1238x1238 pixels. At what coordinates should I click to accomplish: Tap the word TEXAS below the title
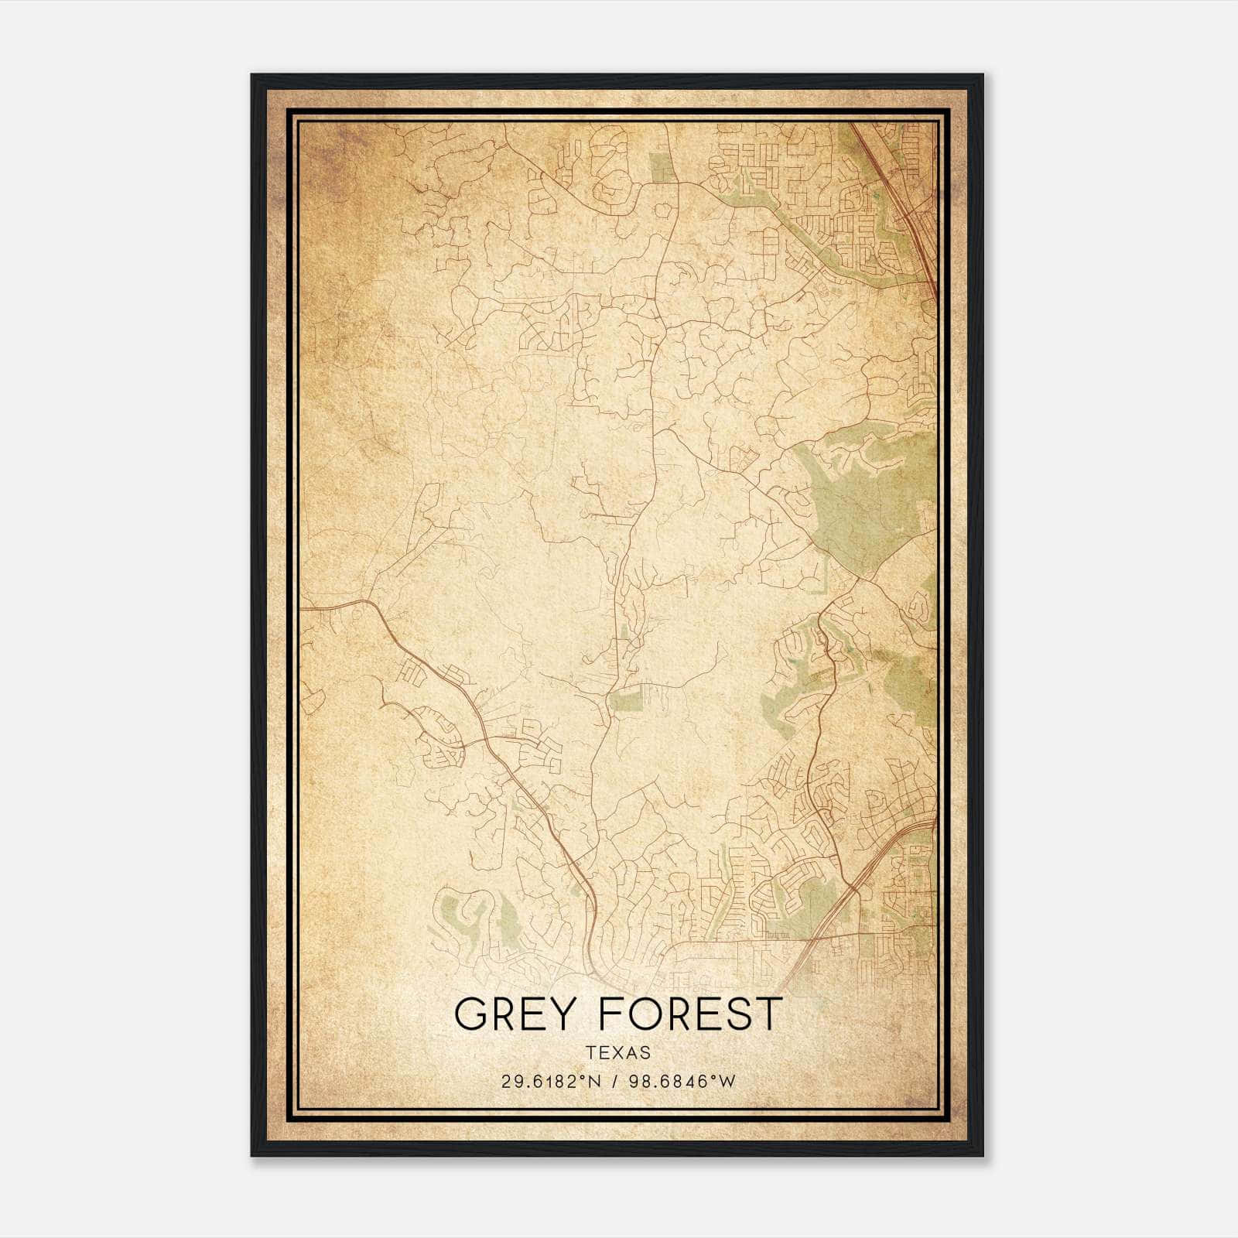point(618,1052)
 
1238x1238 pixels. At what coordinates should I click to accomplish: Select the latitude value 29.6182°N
point(550,1082)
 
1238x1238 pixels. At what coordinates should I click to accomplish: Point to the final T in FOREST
point(769,1014)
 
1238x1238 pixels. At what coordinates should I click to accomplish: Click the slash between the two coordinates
point(615,1082)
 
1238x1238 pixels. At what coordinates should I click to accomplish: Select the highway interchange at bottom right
point(855,890)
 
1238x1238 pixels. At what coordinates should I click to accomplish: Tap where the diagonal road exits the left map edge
point(303,609)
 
